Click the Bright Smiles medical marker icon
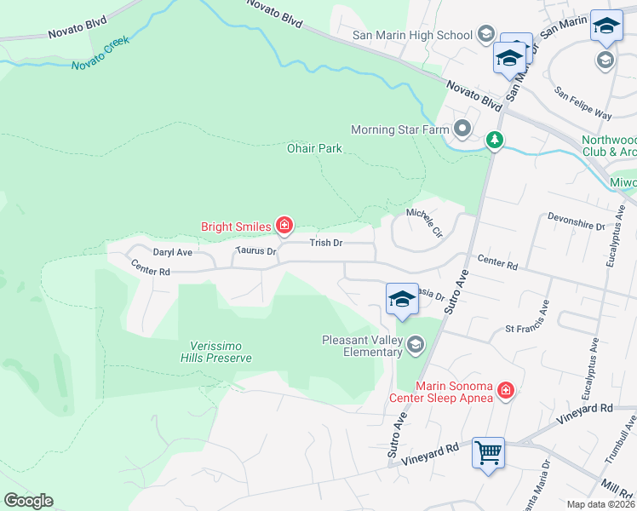[x=284, y=226]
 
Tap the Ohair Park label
[x=315, y=148]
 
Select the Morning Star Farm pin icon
[x=462, y=130]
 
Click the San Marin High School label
[x=413, y=35]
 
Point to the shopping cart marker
[x=488, y=452]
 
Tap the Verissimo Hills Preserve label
[x=220, y=352]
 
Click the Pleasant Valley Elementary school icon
[x=416, y=345]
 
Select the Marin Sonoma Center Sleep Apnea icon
[x=505, y=390]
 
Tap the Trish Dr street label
[x=325, y=243]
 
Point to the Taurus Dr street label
[x=256, y=251]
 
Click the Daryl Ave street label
[x=173, y=252]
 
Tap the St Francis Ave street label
[x=527, y=328]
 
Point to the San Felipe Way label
[x=582, y=102]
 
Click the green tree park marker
[x=494, y=141]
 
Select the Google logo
[x=28, y=501]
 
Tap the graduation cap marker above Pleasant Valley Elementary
[x=402, y=299]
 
